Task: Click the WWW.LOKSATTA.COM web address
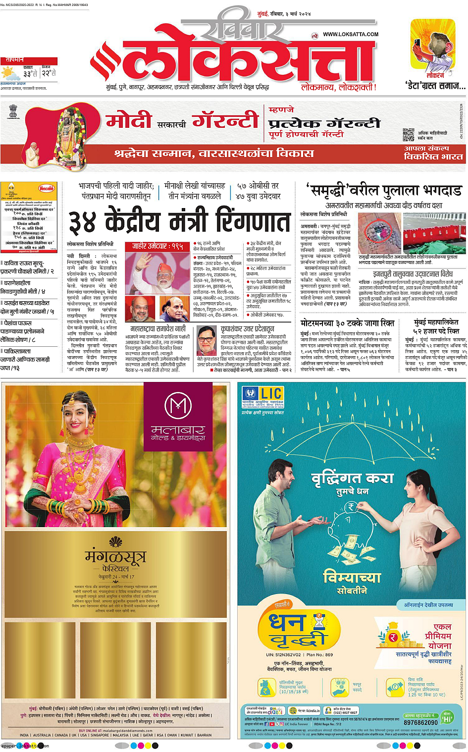(350, 34)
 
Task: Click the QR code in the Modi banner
(408, 134)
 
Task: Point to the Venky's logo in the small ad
(47, 188)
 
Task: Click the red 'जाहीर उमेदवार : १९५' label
(157, 246)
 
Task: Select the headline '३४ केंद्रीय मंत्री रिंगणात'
(178, 221)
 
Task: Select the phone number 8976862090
(420, 722)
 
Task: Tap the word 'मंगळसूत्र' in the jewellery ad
(115, 557)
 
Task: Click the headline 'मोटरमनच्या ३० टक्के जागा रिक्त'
(347, 323)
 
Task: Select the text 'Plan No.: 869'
(319, 654)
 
